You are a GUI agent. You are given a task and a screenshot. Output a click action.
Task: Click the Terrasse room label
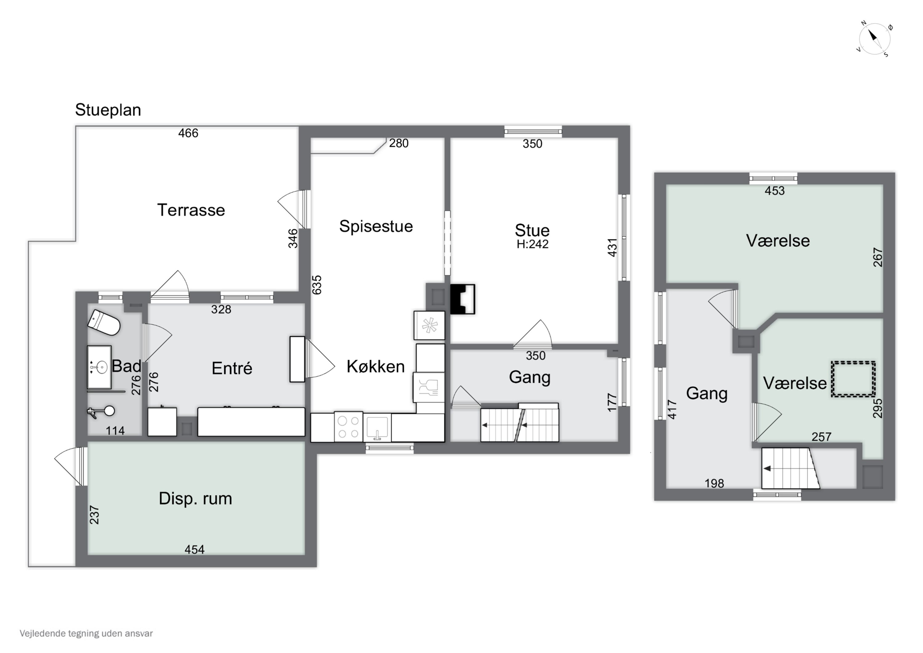point(191,210)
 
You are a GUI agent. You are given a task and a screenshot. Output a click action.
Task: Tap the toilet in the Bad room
point(104,322)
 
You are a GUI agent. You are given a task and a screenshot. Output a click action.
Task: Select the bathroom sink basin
point(99,367)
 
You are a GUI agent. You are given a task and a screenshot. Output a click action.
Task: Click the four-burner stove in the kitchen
point(348,427)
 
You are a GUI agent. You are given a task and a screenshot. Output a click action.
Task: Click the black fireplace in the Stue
point(462,299)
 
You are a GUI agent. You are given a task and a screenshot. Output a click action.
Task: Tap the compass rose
point(875,39)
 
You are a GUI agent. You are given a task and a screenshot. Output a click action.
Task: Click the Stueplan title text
point(108,110)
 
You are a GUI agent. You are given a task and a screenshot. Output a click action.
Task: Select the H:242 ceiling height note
point(532,244)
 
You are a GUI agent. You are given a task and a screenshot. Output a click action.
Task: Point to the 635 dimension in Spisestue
point(317,284)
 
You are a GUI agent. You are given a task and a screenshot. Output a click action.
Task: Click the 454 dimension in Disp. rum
point(194,549)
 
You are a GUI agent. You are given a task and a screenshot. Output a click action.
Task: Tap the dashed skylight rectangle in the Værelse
point(853,379)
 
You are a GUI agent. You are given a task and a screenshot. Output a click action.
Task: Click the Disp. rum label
point(195,499)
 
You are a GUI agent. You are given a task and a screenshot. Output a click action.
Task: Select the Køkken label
point(375,367)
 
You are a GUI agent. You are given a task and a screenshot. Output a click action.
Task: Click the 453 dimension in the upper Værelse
point(775,191)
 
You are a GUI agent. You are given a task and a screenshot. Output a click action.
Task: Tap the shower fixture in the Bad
point(101,412)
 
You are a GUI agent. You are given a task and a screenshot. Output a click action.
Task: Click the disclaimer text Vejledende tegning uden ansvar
point(86,633)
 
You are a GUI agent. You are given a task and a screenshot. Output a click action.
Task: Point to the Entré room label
point(232,368)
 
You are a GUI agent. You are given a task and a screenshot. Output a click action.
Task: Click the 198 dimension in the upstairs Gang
point(714,483)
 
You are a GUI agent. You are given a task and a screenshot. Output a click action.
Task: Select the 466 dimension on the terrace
point(188,133)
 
